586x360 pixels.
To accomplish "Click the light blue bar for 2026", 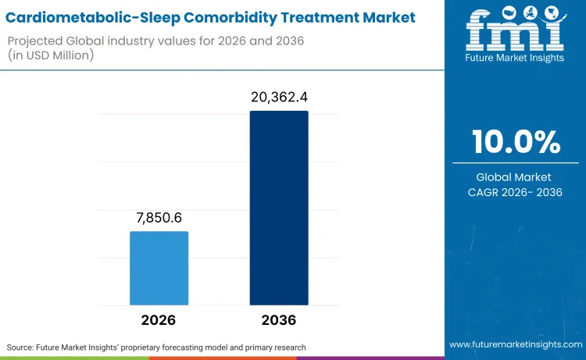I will click(x=159, y=268).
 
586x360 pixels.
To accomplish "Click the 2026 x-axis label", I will click(x=159, y=320).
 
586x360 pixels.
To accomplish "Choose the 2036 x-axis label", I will click(x=279, y=320).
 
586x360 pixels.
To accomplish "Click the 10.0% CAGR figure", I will click(x=516, y=142).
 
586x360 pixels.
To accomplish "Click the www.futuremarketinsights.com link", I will click(x=515, y=344).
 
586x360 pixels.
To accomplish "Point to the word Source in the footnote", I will click(x=23, y=347).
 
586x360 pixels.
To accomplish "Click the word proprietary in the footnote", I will click(x=161, y=347).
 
